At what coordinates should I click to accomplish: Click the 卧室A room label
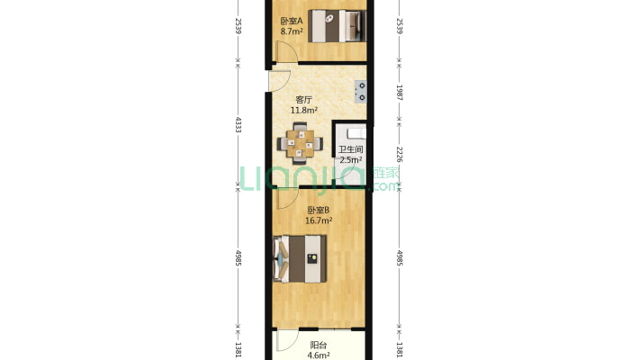292,21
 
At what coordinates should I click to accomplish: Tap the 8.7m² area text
292,31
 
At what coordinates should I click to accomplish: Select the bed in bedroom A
337,26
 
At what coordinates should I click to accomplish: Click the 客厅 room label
303,100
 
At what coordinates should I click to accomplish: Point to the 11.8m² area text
303,110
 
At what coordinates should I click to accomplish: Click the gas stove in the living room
360,91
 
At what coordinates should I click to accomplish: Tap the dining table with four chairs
301,143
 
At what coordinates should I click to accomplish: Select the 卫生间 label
350,149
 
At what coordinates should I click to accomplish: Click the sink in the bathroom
356,133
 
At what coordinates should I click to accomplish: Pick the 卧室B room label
319,211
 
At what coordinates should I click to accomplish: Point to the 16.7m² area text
319,221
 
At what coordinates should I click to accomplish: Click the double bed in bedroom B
300,258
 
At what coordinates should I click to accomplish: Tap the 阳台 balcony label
319,345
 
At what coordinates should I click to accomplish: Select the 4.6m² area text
319,355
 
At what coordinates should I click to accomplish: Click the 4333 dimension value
238,124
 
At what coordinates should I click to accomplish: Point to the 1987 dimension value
400,93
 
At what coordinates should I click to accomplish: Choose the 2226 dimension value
400,155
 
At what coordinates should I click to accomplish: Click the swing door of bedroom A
286,51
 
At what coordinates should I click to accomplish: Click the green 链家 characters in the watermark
386,173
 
